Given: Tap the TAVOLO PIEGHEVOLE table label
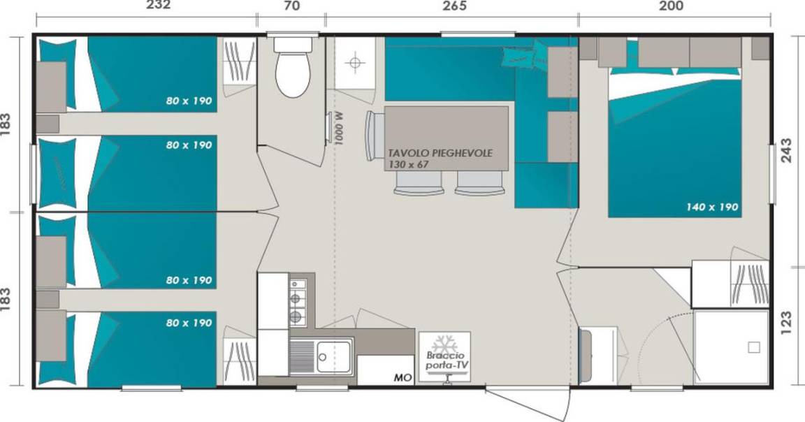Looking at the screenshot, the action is [440, 153].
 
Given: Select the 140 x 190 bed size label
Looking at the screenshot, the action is [712, 207].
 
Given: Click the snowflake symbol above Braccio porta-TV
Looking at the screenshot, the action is [444, 344].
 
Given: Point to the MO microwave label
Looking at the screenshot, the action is [403, 378].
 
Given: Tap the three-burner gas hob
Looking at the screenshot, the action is [297, 303].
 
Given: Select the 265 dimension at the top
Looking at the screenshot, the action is [454, 6].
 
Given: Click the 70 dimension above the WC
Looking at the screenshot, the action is [291, 6].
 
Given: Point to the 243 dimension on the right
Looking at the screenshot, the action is [786, 150].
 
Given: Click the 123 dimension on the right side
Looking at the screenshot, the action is [786, 323].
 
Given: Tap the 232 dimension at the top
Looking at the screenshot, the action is [158, 6].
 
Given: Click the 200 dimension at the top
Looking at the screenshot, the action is [672, 6].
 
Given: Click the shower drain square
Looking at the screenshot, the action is [753, 347].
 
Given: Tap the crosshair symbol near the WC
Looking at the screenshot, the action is [355, 63].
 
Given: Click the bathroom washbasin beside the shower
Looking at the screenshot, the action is [597, 355].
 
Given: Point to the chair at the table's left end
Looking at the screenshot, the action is [373, 136].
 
